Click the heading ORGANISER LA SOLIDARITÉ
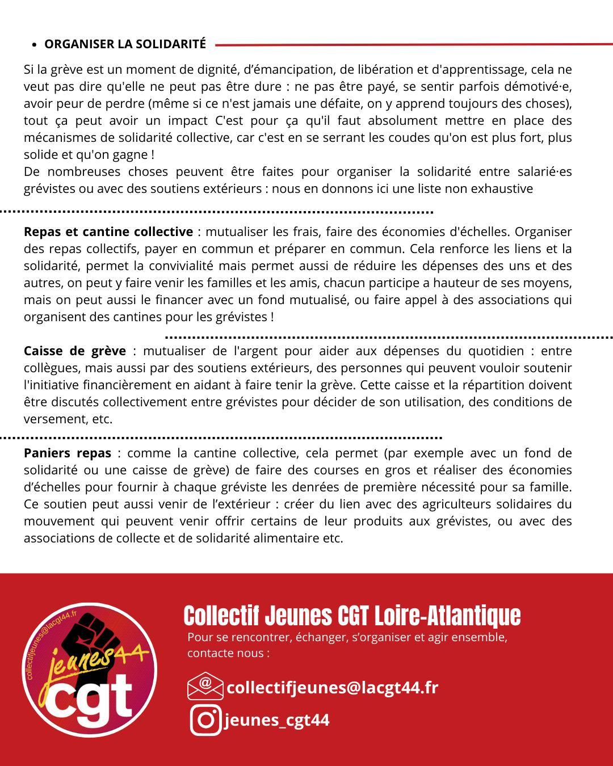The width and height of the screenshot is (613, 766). point(125,44)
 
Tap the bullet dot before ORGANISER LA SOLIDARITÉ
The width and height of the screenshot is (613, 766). point(35,45)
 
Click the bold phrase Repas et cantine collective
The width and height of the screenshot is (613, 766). point(108,232)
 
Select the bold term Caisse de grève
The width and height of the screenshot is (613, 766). point(74,351)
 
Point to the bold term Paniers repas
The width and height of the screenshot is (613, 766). point(68,453)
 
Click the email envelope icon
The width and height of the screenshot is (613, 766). point(205,686)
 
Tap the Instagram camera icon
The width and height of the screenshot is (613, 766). point(205,719)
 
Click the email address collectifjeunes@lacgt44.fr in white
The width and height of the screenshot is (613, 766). point(332,687)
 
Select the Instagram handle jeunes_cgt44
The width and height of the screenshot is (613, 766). point(277,719)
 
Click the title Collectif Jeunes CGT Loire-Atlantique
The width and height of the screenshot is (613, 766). point(352,615)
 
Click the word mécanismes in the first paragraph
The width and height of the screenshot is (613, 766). point(58,138)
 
